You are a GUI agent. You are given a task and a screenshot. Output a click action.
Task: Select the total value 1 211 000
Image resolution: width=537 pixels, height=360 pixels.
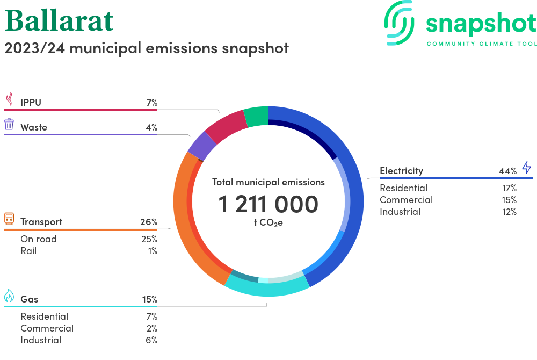268,205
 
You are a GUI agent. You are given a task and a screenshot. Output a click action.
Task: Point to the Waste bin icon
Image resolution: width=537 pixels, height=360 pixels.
9,125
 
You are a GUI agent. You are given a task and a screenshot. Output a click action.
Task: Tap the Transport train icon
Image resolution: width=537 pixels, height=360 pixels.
9,219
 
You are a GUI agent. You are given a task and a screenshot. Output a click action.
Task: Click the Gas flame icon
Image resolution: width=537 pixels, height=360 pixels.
9,296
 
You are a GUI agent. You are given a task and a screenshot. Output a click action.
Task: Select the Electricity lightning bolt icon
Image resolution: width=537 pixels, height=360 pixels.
526,168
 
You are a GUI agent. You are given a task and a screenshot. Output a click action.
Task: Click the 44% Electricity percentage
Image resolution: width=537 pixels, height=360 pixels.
507,171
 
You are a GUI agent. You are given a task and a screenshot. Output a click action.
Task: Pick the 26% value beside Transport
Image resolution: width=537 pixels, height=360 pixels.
149,222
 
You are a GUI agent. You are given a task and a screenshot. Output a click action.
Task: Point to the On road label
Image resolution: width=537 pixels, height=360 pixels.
39,239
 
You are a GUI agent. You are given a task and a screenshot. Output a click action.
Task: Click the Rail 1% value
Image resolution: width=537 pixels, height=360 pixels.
152,251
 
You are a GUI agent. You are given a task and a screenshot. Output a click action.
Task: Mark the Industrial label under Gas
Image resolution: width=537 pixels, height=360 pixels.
41,340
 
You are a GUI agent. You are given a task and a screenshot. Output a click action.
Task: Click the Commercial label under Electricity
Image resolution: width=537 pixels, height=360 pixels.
406,200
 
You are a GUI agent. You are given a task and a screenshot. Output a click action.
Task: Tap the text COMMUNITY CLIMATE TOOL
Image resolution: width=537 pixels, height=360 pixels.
481,44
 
